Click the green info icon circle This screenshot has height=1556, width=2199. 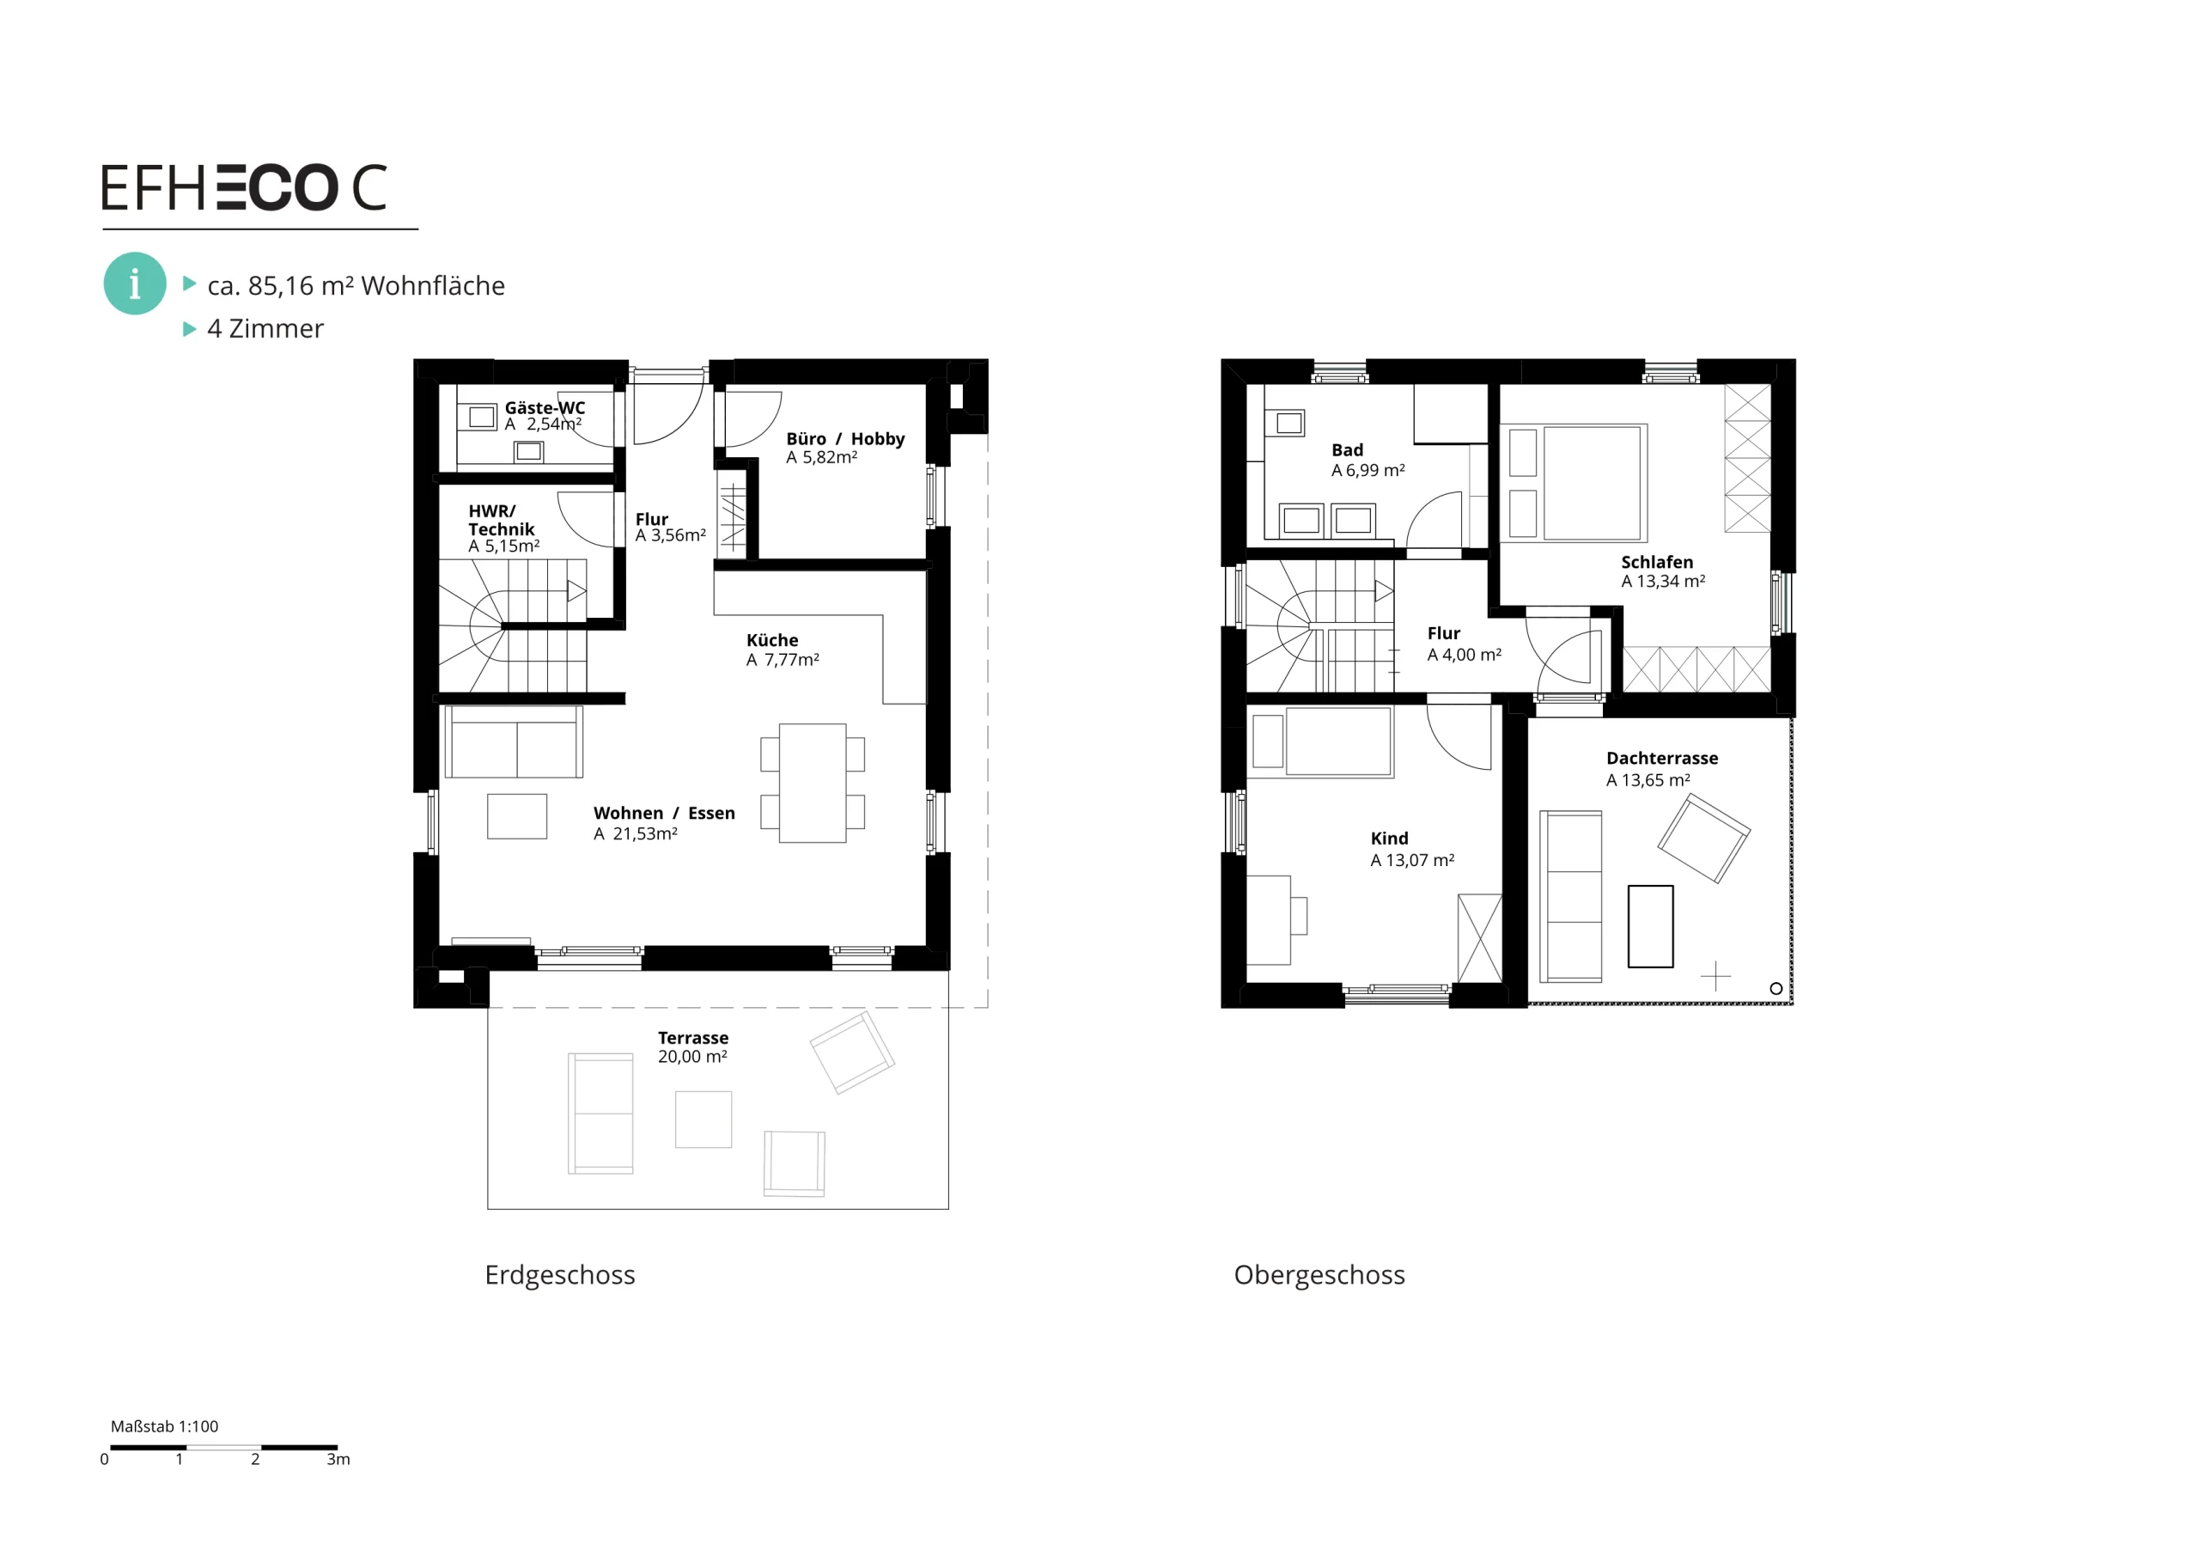tap(135, 284)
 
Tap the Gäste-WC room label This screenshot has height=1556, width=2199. tap(545, 407)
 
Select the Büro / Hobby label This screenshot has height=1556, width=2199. tap(844, 439)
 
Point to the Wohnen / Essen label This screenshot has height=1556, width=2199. tap(664, 813)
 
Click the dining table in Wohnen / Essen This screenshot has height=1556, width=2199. tap(813, 783)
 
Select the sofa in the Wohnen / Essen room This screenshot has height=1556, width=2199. tap(515, 741)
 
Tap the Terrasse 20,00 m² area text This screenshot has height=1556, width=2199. tap(692, 1056)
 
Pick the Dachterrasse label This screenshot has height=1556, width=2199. tap(1661, 758)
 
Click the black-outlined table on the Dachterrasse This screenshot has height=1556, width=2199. tap(1650, 926)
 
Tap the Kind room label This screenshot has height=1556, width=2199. tap(1389, 839)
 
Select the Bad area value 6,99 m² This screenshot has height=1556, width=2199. tap(1368, 471)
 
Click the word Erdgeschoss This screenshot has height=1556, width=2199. tap(560, 1275)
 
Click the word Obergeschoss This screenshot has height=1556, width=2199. tap(1319, 1275)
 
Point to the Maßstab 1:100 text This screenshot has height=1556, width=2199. tap(165, 1426)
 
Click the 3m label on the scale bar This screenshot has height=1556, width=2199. tap(338, 1459)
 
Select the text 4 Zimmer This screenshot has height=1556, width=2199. tap(265, 328)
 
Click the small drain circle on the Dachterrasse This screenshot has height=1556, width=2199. tap(1776, 989)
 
